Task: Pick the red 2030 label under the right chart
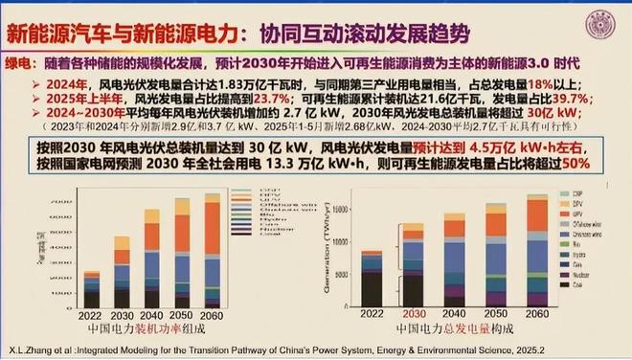(x=413, y=313)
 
